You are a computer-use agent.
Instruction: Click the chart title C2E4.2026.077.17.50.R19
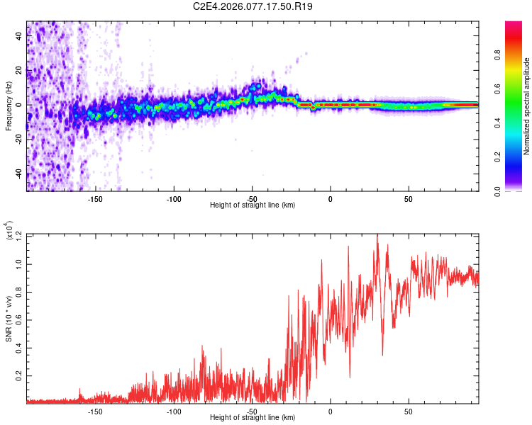tap(264, 7)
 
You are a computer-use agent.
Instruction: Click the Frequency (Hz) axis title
tap(9, 106)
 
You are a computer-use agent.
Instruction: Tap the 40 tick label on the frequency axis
tap(19, 37)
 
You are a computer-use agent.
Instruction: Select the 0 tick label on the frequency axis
tap(19, 105)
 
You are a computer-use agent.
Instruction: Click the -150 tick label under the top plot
tap(95, 199)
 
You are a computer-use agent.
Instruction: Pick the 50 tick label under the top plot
tap(409, 199)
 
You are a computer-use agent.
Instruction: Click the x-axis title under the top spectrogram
tap(253, 205)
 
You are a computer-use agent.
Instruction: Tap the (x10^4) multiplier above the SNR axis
tap(9, 231)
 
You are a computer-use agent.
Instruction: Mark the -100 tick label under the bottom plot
tap(173, 411)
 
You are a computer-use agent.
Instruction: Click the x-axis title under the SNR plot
tap(253, 417)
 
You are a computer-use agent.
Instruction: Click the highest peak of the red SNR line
tap(377, 235)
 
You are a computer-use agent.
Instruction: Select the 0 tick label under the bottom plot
tap(330, 411)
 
